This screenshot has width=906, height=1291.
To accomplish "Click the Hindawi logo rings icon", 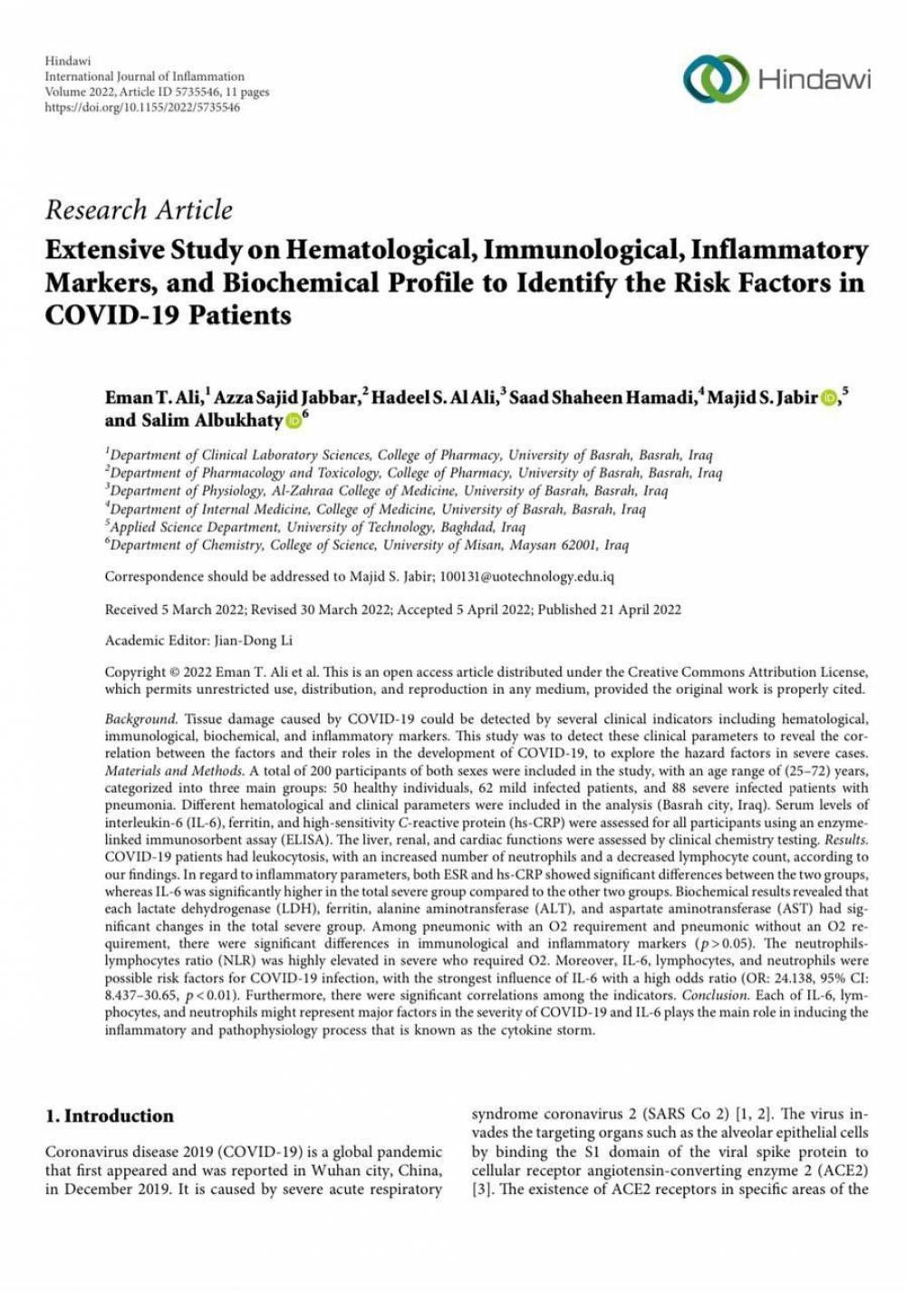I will point(715,78).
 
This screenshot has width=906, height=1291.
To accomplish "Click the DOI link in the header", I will point(142,107).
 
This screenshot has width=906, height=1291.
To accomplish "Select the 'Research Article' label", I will point(139,210).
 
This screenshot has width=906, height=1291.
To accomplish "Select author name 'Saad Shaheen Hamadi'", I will point(601,398).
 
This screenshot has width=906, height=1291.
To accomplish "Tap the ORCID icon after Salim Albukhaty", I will point(294,421).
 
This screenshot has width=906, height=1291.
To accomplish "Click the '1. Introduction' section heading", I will point(110,1116).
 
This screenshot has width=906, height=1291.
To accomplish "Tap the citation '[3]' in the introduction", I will point(481,1189).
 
